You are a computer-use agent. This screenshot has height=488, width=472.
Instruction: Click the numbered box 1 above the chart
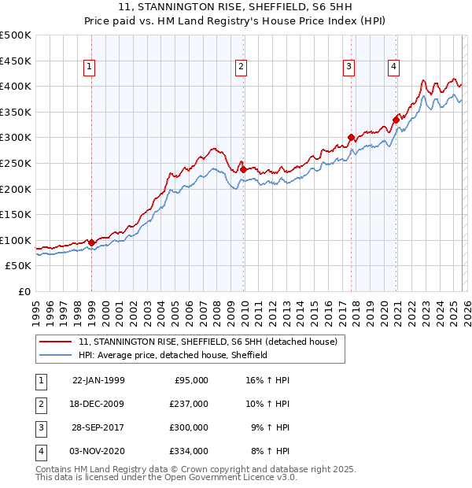(90, 68)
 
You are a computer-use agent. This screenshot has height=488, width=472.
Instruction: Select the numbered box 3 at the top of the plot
(348, 68)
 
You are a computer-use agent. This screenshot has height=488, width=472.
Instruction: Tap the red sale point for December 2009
(243, 169)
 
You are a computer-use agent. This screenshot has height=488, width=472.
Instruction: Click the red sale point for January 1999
(92, 242)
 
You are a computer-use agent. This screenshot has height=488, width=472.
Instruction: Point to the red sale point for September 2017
(351, 137)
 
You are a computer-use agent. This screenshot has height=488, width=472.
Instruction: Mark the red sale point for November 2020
(396, 120)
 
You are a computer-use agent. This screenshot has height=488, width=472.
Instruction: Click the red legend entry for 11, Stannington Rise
(208, 342)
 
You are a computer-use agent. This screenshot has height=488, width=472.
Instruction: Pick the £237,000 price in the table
(189, 404)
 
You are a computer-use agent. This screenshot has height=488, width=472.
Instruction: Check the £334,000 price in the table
(189, 451)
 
